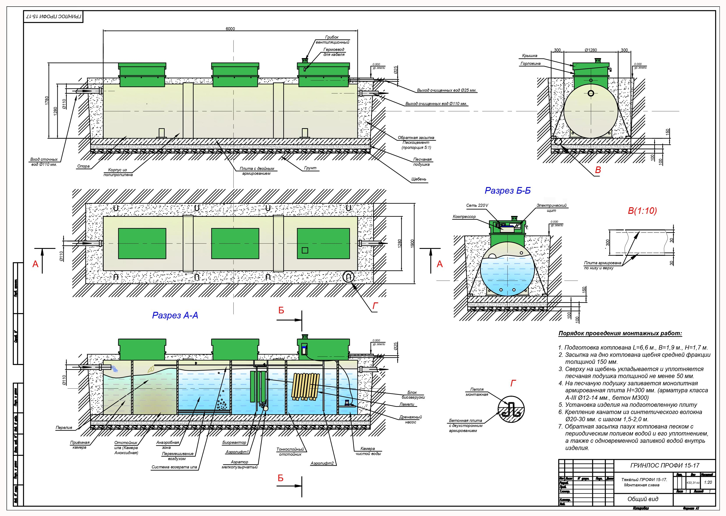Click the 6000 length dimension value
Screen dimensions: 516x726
[230, 29]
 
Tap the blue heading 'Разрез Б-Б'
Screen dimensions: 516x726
[507, 191]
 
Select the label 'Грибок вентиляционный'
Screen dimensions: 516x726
[332, 40]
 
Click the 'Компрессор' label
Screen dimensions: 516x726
[464, 217]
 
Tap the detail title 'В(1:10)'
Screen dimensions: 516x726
[642, 211]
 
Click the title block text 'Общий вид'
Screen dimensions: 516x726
[643, 499]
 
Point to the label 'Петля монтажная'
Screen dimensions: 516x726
[477, 392]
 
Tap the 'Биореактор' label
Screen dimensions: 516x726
[234, 442]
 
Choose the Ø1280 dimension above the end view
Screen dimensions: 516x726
[591, 50]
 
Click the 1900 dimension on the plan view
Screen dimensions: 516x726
[412, 244]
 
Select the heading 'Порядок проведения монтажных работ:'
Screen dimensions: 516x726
[620, 334]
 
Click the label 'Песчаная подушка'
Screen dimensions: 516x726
[422, 162]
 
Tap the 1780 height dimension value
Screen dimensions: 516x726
[47, 100]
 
